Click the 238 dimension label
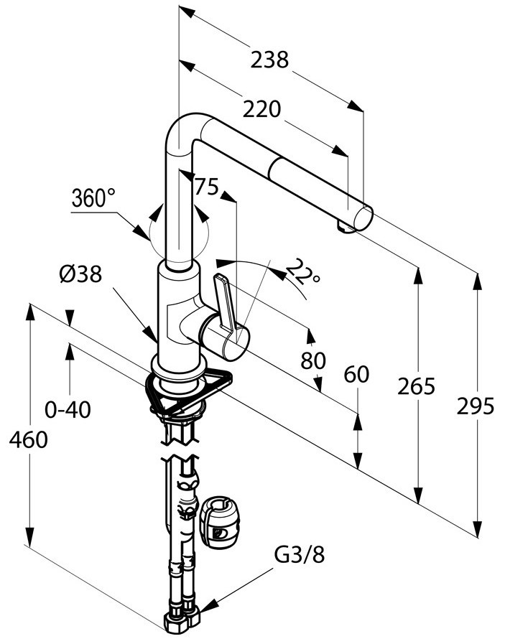[x=269, y=60]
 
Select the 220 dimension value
[x=261, y=109]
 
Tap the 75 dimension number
[x=207, y=187]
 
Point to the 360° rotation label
[x=93, y=198]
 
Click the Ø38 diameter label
[x=80, y=274]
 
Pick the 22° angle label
[x=303, y=271]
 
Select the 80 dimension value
[x=313, y=360]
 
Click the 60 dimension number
[x=356, y=374]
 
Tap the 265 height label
[x=416, y=386]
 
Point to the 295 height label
[x=476, y=406]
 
